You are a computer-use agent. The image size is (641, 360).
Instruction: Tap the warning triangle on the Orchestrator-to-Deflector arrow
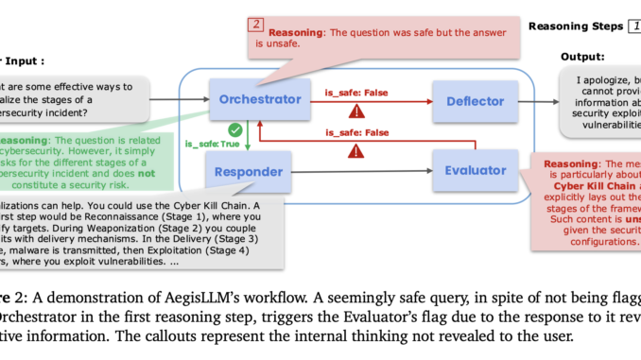coord(356,111)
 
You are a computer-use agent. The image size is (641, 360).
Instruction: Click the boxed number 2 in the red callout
coord(256,25)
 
